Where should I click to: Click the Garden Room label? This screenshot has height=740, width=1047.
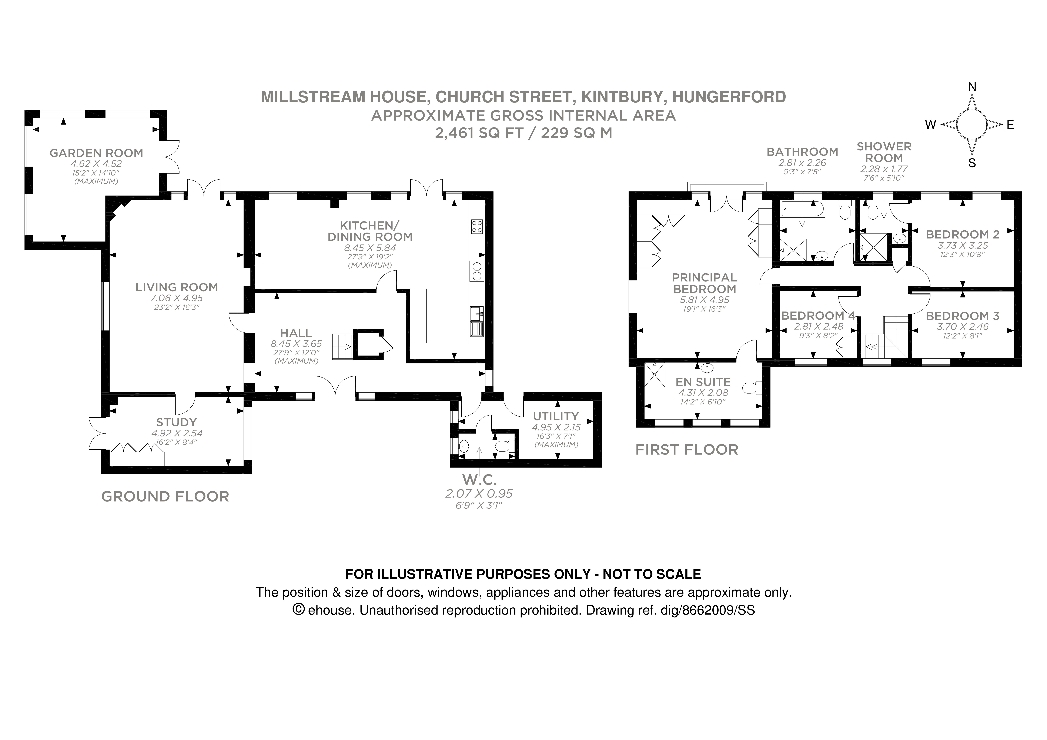pos(96,153)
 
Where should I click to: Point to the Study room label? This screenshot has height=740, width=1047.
pos(177,422)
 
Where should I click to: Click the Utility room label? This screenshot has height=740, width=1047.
pos(555,416)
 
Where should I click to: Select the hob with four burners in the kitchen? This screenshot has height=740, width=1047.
pos(476,226)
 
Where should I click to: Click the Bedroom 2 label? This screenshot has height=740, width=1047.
pos(962,234)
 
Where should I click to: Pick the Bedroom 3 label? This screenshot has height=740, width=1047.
pos(962,316)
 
